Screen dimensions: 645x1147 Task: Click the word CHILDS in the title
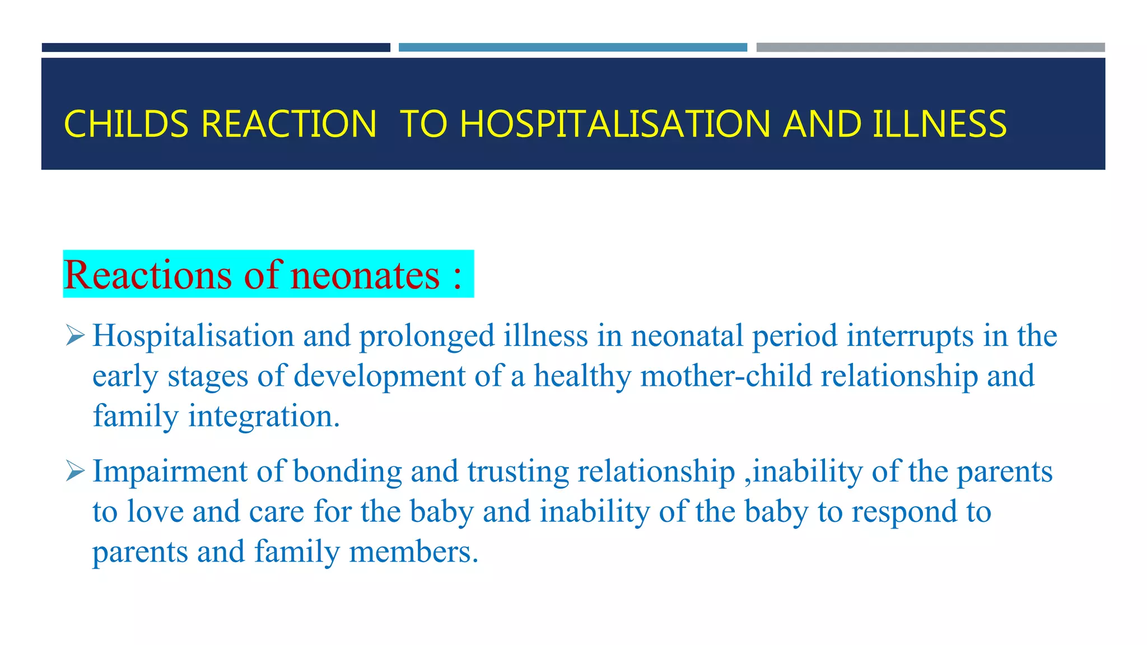point(126,124)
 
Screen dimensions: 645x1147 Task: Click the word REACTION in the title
point(288,124)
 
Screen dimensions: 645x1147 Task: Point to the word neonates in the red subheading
point(365,275)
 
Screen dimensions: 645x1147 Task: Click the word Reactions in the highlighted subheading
point(147,275)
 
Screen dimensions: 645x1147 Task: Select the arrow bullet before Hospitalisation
point(75,335)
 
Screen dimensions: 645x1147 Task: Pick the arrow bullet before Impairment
point(75,471)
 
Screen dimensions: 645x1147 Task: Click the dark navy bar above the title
point(216,48)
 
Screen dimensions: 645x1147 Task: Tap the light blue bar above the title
point(572,48)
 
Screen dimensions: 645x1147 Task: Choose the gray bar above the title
point(930,48)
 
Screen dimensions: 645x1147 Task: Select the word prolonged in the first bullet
point(427,336)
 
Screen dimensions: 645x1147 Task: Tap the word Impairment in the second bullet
point(170,471)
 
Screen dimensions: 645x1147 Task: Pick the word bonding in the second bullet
point(347,471)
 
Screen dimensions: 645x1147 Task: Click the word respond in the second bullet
point(904,512)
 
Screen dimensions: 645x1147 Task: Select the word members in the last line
point(413,552)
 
